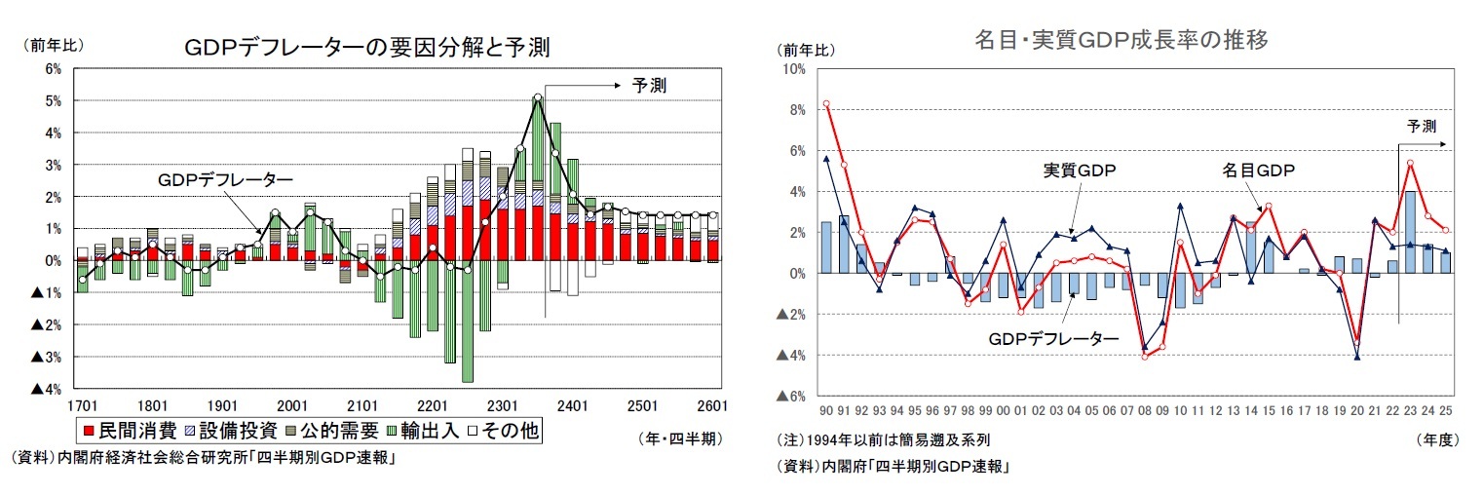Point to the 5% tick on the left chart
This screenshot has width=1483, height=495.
53,100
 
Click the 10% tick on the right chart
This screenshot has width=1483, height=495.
793,69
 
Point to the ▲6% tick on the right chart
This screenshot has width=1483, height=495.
790,397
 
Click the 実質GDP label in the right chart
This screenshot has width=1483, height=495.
1080,171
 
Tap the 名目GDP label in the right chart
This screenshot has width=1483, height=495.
1258,171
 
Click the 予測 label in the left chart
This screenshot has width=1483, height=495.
649,86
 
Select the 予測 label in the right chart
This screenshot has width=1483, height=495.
1422,126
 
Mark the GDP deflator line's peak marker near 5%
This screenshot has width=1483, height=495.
538,97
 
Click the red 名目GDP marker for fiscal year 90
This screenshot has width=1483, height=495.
826,103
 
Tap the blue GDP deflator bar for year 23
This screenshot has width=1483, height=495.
1409,232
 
